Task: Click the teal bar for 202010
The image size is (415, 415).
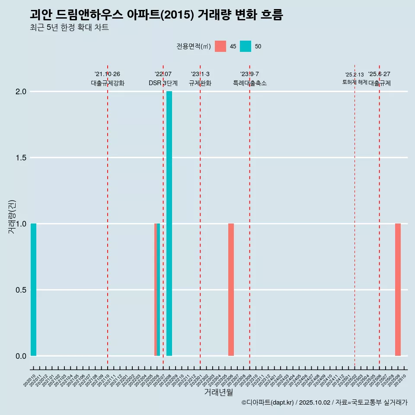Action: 33,290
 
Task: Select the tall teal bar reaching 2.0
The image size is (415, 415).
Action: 169,223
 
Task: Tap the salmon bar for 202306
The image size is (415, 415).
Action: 231,290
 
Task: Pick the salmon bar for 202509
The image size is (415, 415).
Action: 398,290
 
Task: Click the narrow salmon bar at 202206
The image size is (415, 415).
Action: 156,290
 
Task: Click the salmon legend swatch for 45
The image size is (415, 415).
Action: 220,46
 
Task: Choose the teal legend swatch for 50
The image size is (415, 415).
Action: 246,46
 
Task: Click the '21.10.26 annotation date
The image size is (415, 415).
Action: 107,74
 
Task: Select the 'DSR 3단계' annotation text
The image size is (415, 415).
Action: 163,83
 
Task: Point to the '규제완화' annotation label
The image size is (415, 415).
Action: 200,83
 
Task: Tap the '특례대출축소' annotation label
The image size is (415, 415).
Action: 250,83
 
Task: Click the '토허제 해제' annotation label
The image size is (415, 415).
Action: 354,82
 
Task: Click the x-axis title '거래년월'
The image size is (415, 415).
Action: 218,393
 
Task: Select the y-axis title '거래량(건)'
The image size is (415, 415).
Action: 12,217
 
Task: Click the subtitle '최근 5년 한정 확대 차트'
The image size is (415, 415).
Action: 69,28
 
